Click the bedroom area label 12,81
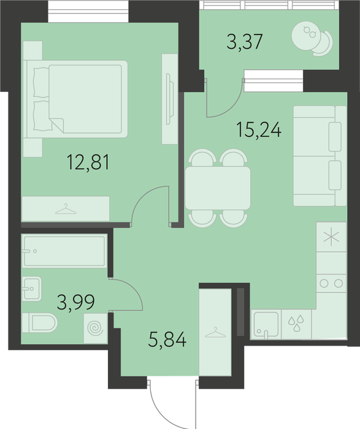pyautogui.click(x=88, y=162)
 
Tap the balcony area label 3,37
pyautogui.click(x=245, y=42)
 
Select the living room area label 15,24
pyautogui.click(x=259, y=130)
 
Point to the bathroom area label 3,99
pyautogui.click(x=76, y=303)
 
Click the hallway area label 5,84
pyautogui.click(x=167, y=339)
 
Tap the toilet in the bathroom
pyautogui.click(x=40, y=323)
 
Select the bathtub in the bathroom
pyautogui.click(x=64, y=251)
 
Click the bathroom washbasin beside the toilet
pyautogui.click(x=32, y=289)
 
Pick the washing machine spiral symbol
pyautogui.click(x=95, y=328)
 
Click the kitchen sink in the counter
pyautogui.click(x=266, y=325)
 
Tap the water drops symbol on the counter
pyautogui.click(x=296, y=323)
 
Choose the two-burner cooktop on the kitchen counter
pyautogui.click(x=331, y=283)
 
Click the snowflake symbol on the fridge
pyautogui.click(x=331, y=237)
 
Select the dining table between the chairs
pyautogui.click(x=218, y=188)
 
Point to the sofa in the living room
pyautogui.click(x=320, y=156)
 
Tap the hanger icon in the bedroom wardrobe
pyautogui.click(x=66, y=209)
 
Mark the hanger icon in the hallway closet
pyautogui.click(x=215, y=332)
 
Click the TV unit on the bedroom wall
pyautogui.click(x=170, y=99)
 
